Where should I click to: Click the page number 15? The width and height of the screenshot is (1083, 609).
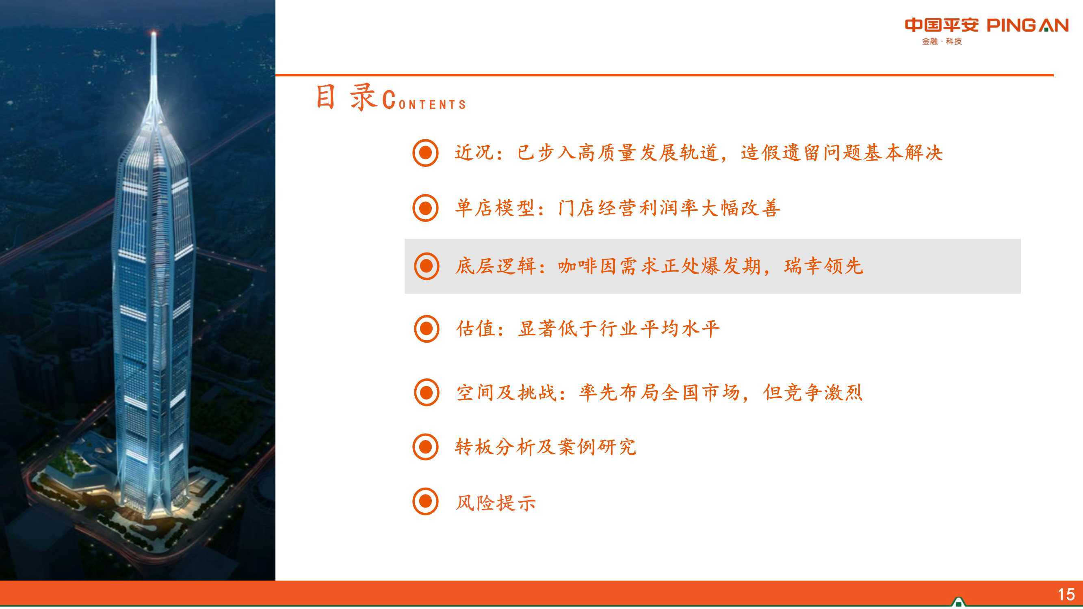(1066, 594)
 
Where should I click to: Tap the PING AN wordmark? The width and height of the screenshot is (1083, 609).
(1027, 26)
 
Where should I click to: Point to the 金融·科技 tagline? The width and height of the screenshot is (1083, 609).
(942, 41)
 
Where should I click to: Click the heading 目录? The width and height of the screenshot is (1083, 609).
(346, 97)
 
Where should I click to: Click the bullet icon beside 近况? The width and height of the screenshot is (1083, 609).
(425, 153)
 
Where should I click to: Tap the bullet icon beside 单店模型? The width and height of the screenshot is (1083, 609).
(425, 207)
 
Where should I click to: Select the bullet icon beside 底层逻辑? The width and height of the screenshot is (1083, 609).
(426, 266)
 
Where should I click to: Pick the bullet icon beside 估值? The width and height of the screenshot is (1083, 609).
(426, 329)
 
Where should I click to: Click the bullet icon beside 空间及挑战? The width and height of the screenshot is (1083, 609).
(426, 393)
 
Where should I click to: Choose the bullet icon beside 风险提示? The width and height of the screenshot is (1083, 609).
(425, 501)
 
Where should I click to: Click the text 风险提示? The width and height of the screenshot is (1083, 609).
(496, 502)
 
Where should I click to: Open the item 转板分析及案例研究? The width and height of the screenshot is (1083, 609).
(546, 447)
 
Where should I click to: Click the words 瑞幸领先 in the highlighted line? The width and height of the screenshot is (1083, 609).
(823, 266)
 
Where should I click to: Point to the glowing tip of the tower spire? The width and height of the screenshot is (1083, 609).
(154, 33)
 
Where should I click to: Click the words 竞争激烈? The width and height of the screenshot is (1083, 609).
(823, 393)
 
